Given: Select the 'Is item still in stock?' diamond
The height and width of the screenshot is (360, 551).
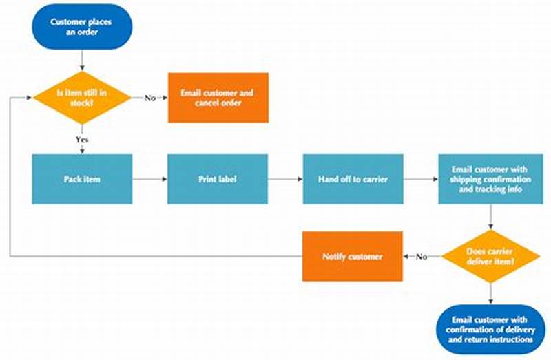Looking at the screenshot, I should click(x=82, y=98).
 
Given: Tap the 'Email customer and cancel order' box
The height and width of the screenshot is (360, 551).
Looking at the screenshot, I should click(x=218, y=98).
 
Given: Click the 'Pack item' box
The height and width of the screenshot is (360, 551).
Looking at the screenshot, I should click(x=82, y=179).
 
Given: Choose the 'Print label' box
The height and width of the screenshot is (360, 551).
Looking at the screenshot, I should click(x=218, y=179).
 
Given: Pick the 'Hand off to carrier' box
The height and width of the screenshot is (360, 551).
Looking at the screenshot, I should click(x=353, y=179).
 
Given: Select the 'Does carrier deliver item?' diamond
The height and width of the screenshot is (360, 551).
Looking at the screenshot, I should click(x=490, y=257).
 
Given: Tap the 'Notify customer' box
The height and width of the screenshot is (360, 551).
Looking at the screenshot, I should click(x=352, y=257).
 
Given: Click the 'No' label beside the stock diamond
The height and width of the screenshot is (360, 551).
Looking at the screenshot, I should click(x=149, y=98).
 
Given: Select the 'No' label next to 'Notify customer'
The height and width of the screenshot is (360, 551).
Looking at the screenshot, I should click(x=422, y=257).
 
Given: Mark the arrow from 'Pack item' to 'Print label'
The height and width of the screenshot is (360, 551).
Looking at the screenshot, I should click(x=149, y=179).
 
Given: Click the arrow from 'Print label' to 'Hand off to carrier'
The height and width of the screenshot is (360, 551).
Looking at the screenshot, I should click(x=285, y=179).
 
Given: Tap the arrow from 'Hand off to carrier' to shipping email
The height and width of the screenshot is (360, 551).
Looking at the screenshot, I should click(x=421, y=179).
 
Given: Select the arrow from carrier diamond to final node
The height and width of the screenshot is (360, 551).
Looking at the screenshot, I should click(x=490, y=292).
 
